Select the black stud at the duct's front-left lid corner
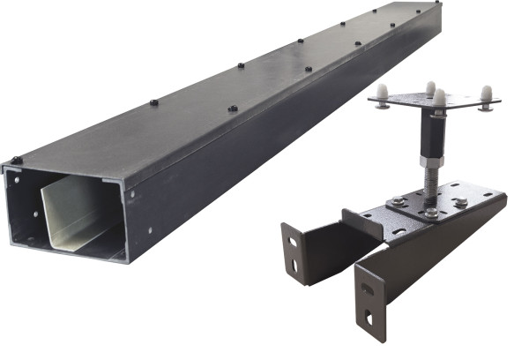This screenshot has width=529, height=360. coord(16,161)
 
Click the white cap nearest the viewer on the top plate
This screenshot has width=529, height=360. coord(439,95)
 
